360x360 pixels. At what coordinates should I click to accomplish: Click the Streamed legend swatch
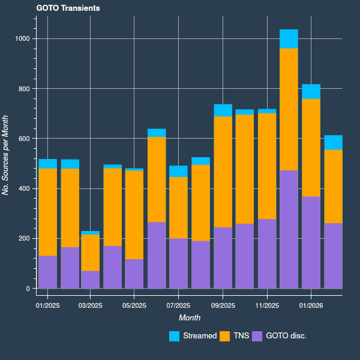tap(175, 337)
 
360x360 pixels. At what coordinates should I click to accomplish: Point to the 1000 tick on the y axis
tap(23, 39)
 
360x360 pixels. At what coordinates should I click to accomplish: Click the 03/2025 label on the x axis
tap(91, 305)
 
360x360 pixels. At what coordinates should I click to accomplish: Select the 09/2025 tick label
tap(223, 305)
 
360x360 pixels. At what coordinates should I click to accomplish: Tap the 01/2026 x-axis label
tap(311, 305)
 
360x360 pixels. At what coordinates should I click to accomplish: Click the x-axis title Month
tap(189, 317)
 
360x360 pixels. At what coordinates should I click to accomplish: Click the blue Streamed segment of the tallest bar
tap(289, 39)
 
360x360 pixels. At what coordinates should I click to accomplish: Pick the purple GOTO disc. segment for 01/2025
tap(48, 272)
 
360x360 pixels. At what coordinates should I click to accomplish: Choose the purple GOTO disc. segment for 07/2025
tap(178, 263)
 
